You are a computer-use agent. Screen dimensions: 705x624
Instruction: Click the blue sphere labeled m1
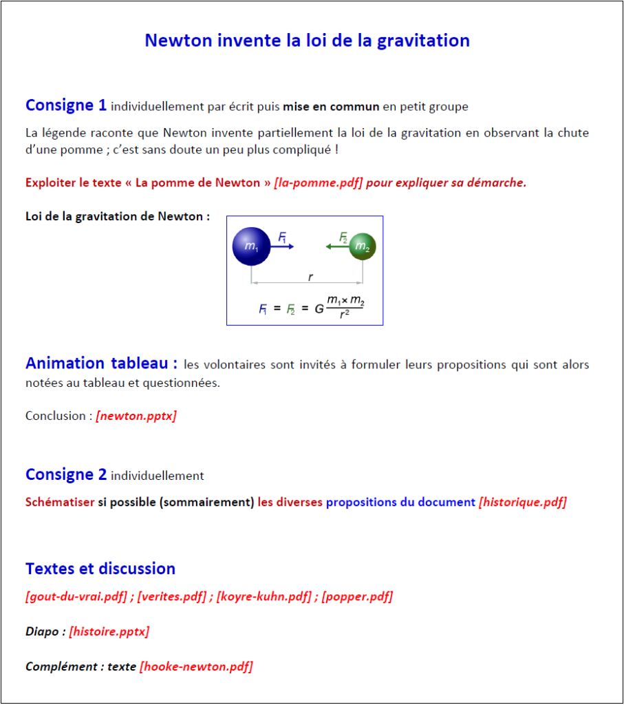point(251,246)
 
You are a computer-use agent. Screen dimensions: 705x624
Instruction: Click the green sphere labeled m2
point(363,247)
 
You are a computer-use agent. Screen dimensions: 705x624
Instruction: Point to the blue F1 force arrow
point(286,246)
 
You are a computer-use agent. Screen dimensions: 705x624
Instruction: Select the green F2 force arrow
point(338,246)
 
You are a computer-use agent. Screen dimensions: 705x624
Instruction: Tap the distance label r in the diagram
point(310,277)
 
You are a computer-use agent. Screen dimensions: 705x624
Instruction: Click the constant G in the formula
point(319,309)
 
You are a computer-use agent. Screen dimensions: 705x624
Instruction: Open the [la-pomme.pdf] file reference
point(318,182)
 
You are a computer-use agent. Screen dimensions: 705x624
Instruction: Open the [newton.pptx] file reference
point(136,416)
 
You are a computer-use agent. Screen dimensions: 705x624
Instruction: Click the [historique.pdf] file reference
point(522,502)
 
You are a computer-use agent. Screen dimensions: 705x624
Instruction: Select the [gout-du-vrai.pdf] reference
point(78,596)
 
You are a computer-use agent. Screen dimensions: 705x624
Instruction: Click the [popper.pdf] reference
point(356,596)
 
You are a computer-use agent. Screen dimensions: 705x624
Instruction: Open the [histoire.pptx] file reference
point(109,631)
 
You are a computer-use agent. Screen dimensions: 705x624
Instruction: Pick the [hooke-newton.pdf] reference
point(196,666)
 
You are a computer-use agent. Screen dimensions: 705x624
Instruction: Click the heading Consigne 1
point(66,105)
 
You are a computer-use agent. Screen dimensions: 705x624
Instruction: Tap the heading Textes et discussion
point(100,569)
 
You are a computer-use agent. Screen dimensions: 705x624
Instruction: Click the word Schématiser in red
point(60,502)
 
